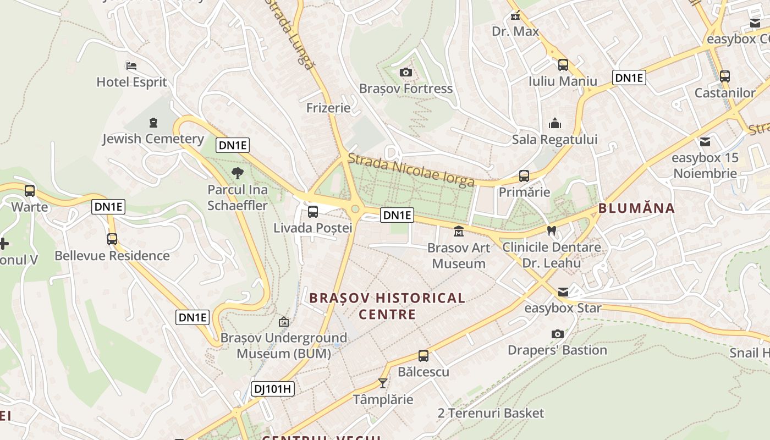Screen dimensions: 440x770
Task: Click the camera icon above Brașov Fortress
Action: pyautogui.click(x=405, y=72)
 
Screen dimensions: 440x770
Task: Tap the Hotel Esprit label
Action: pyautogui.click(x=131, y=82)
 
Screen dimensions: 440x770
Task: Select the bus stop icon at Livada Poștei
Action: pyautogui.click(x=313, y=211)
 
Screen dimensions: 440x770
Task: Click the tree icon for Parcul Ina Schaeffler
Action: pyautogui.click(x=238, y=173)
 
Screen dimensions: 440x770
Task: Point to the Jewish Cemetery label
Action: pyautogui.click(x=153, y=139)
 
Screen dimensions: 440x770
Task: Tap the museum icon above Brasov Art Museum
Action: pyautogui.click(x=459, y=232)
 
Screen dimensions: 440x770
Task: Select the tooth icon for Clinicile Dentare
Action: pyautogui.click(x=551, y=231)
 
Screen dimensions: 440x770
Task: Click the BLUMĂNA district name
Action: pyautogui.click(x=636, y=208)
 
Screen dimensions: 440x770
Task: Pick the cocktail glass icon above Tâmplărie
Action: pyautogui.click(x=383, y=383)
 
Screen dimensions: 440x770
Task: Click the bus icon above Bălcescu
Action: pyautogui.click(x=423, y=355)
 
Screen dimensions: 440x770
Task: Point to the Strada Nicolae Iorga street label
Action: pyautogui.click(x=411, y=169)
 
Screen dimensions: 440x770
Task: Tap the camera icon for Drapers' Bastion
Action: pyautogui.click(x=557, y=334)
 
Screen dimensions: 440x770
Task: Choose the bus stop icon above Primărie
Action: pyautogui.click(x=524, y=176)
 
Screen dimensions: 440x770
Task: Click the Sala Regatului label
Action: pyautogui.click(x=554, y=139)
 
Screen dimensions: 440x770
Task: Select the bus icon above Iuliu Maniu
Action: pyautogui.click(x=563, y=65)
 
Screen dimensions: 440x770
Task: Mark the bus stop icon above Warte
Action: pyautogui.click(x=30, y=191)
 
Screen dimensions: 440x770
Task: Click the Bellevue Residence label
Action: pyautogui.click(x=112, y=256)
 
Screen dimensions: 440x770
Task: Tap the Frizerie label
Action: pyautogui.click(x=328, y=108)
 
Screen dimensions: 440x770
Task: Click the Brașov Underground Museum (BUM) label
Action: pyautogui.click(x=284, y=345)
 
